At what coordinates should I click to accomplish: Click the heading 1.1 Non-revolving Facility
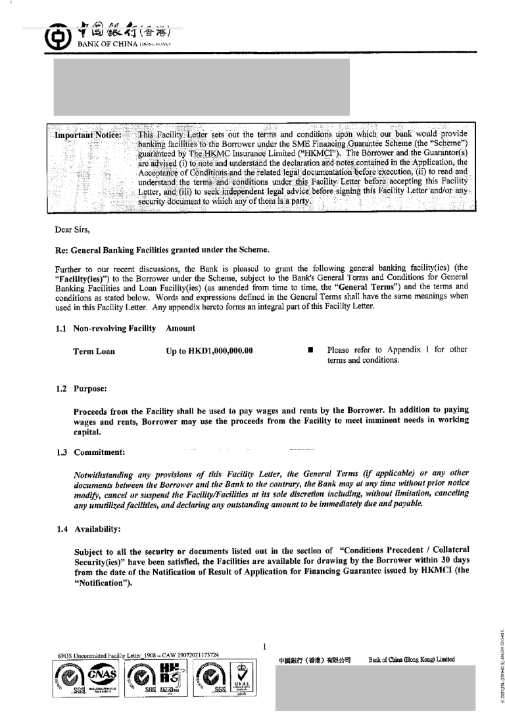(x=106, y=328)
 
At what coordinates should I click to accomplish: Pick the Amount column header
(x=180, y=328)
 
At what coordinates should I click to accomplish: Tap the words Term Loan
(x=94, y=351)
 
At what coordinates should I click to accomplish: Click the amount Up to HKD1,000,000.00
(x=210, y=351)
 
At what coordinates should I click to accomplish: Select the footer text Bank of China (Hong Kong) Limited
(x=412, y=659)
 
